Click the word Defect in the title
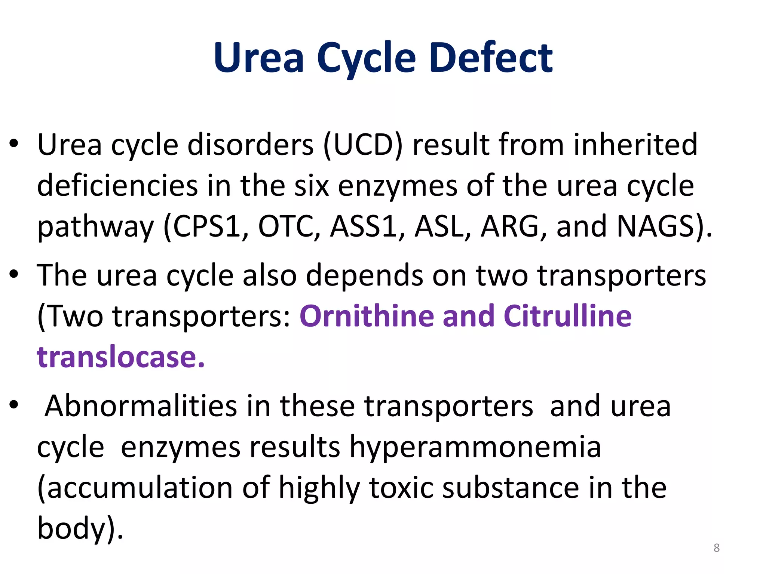pos(491,58)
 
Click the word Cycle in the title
pos(366,58)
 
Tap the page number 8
pos(716,548)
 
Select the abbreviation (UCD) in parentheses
pos(362,145)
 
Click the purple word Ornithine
pos(367,316)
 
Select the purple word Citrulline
pos(567,316)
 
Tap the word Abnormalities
pos(141,406)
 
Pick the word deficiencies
pos(117,186)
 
